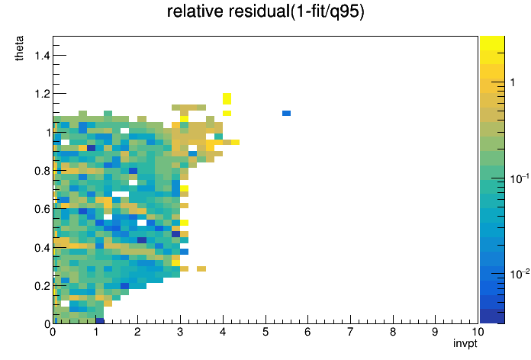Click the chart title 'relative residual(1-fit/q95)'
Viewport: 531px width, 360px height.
point(265,11)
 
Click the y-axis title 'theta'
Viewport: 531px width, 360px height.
point(19,48)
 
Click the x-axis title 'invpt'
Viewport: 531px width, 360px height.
point(465,344)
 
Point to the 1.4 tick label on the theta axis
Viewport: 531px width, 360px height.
point(42,55)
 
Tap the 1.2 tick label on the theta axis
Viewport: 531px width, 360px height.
point(42,94)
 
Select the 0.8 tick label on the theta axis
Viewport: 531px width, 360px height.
point(42,171)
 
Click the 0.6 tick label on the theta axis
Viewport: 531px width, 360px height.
point(42,209)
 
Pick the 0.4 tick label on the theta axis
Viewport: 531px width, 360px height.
point(42,248)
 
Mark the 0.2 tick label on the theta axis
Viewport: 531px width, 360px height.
point(42,286)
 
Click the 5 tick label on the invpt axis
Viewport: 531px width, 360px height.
point(265,332)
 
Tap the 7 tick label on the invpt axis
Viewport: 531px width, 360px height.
point(350,332)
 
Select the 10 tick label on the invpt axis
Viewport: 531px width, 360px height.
point(478,332)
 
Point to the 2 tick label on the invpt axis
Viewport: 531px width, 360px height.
point(137,332)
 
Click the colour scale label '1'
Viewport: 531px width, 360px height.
point(513,82)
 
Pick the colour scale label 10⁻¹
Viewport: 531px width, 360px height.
point(520,178)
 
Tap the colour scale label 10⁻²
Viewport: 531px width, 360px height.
point(520,274)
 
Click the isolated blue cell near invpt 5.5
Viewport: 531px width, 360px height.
point(287,113)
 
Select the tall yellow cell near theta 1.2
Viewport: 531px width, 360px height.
point(227,99)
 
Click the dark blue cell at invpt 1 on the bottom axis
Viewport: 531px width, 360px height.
point(99,320)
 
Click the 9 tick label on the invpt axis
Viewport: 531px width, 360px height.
point(435,332)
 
